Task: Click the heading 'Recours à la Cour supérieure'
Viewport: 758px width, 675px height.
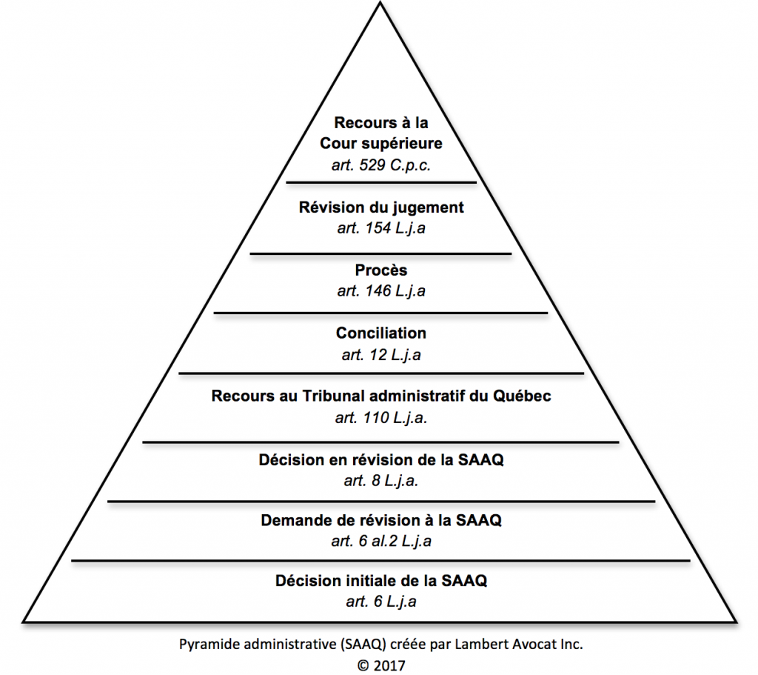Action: point(381,132)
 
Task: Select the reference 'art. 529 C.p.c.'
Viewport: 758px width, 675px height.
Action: point(381,164)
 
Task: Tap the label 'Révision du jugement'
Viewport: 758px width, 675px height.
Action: point(381,207)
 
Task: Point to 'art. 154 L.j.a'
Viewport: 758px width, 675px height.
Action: point(381,228)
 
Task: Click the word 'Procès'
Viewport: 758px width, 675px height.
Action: point(381,270)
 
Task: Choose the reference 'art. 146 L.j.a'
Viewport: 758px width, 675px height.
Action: point(381,291)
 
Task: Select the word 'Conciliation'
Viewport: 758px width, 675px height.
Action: point(381,333)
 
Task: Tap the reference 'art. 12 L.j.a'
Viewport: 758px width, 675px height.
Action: point(381,355)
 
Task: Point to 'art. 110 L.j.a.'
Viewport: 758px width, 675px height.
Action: point(381,418)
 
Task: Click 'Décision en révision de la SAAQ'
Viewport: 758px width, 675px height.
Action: point(381,460)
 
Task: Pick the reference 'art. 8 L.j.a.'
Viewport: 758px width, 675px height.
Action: point(381,481)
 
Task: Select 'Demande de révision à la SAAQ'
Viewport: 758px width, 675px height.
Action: point(381,521)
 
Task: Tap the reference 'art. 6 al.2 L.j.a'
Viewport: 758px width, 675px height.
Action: point(381,542)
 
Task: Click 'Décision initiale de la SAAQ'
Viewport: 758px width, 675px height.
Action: point(381,580)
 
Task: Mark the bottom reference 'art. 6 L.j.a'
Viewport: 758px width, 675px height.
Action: point(381,602)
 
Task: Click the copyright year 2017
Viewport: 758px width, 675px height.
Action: point(389,665)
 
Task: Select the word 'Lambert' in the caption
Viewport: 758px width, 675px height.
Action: point(480,645)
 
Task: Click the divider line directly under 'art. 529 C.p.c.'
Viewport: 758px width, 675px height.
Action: point(381,182)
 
